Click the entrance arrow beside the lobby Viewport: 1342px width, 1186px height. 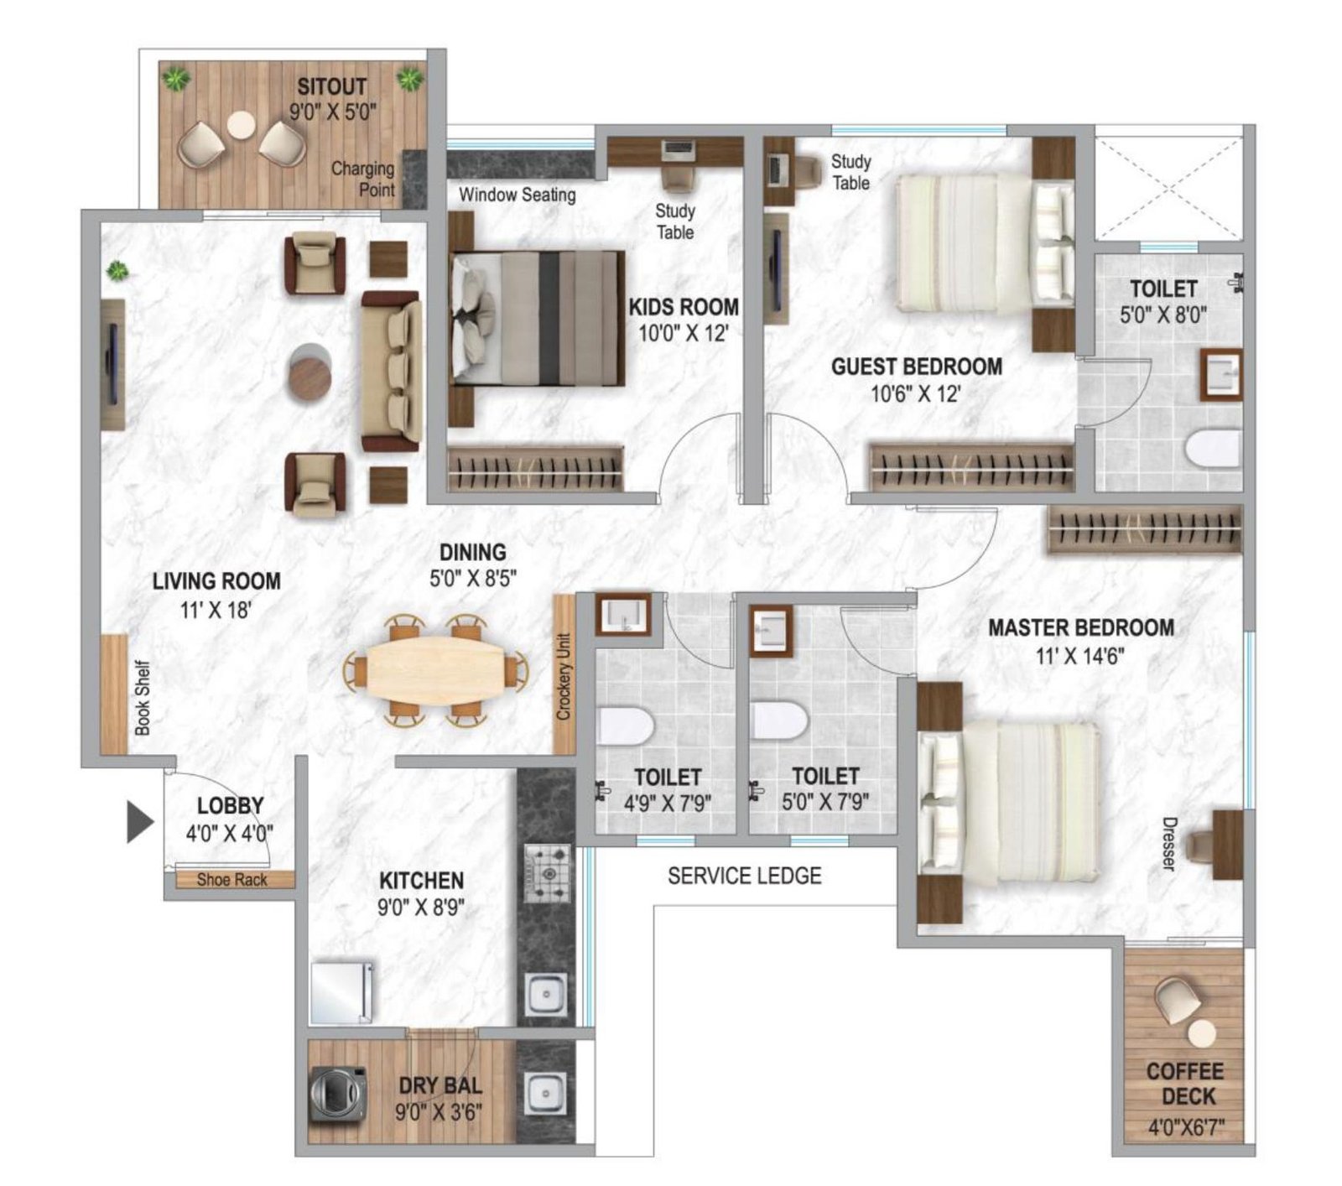139,821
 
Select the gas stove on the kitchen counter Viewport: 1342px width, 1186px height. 547,873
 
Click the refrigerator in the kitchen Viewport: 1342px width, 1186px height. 341,992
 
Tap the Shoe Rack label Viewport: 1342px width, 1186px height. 231,880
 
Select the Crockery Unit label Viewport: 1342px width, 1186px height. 564,676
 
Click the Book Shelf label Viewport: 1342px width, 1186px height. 143,698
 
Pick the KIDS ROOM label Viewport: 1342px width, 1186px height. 684,307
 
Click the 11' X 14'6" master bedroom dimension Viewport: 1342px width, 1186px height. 1079,655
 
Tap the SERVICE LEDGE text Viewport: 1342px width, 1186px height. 744,876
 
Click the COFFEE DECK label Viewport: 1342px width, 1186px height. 1184,1083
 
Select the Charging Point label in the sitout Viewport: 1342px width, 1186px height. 363,179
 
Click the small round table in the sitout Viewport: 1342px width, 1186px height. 241,125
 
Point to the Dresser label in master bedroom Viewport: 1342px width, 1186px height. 1168,843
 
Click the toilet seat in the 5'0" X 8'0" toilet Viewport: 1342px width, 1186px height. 1213,448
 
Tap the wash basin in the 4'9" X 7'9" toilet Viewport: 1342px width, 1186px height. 622,613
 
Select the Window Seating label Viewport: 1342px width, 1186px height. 517,195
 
